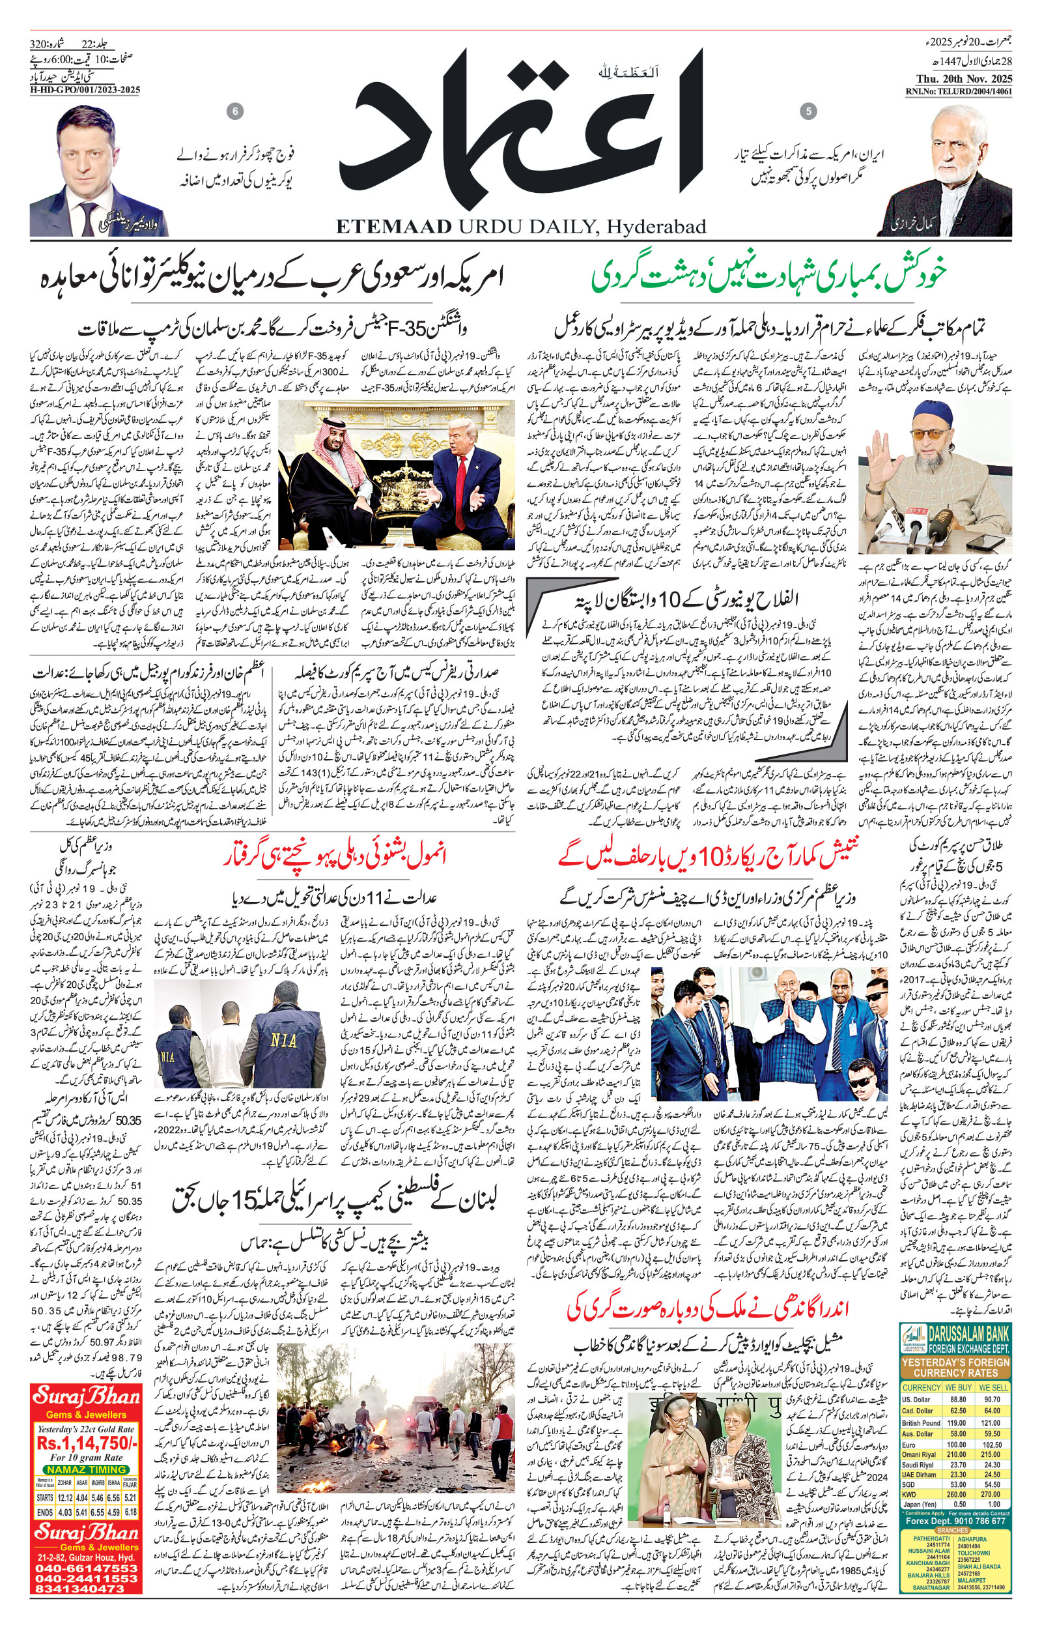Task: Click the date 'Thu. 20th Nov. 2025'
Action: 959,77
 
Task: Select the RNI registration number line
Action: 959,91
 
